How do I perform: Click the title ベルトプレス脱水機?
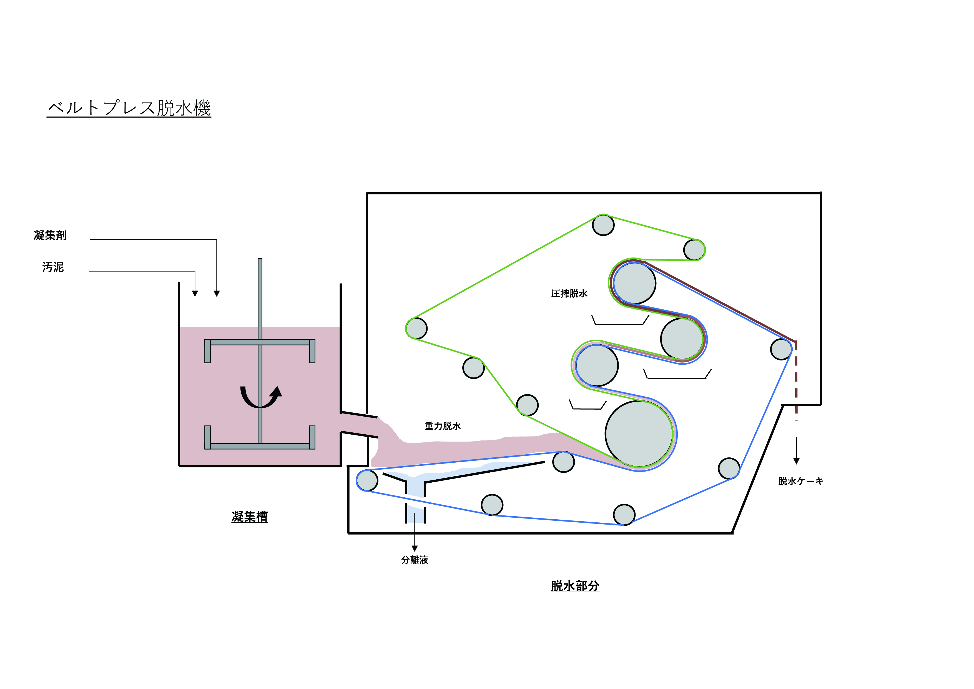click(129, 108)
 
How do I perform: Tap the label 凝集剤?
click(50, 235)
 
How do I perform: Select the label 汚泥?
click(53, 267)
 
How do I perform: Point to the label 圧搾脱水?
click(569, 294)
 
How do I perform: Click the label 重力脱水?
click(443, 426)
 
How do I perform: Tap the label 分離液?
click(415, 560)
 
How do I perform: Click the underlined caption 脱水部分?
click(575, 586)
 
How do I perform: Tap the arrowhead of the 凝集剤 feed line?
click(217, 294)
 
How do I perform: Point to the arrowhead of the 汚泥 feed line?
click(195, 294)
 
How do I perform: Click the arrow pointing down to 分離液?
click(415, 532)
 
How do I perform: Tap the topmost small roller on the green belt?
click(603, 225)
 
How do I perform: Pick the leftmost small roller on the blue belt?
click(367, 480)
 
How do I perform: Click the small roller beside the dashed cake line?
click(781, 349)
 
